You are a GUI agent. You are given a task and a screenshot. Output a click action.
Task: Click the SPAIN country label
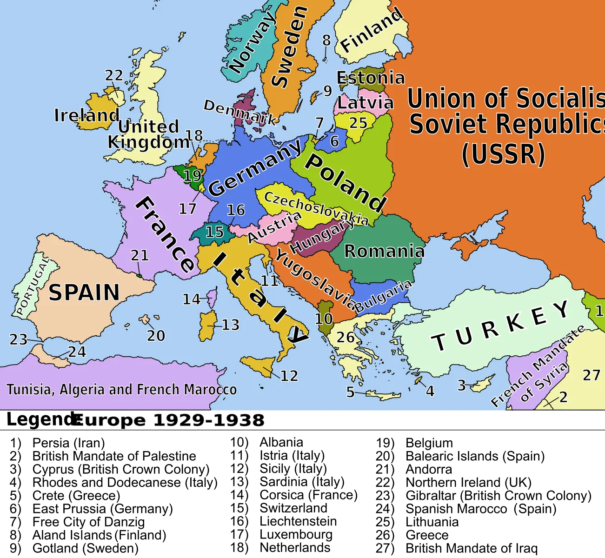pyautogui.click(x=84, y=293)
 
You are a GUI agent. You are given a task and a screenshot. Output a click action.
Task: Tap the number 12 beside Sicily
pyautogui.click(x=289, y=376)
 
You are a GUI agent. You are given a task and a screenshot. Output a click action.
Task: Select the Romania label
pyautogui.click(x=384, y=251)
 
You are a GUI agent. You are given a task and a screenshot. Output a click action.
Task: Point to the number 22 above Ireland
pyautogui.click(x=114, y=75)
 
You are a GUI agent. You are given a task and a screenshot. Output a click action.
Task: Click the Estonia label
pyautogui.click(x=371, y=78)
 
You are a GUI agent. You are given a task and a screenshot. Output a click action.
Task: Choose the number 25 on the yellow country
pyautogui.click(x=359, y=123)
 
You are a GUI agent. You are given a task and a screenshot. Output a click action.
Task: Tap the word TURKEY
pyautogui.click(x=500, y=326)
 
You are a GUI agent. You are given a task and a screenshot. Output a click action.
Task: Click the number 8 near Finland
pyautogui.click(x=326, y=40)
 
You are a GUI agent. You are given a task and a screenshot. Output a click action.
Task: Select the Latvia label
pyautogui.click(x=365, y=103)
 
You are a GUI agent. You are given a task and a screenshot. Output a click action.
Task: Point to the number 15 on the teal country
pyautogui.click(x=215, y=232)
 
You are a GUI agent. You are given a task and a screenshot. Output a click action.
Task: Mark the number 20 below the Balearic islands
pyautogui.click(x=156, y=335)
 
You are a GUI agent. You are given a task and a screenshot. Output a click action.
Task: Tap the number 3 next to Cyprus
pyautogui.click(x=461, y=385)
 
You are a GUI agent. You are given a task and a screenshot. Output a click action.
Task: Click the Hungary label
pyautogui.click(x=321, y=236)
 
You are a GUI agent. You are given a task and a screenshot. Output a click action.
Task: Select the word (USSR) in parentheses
pyautogui.click(x=503, y=154)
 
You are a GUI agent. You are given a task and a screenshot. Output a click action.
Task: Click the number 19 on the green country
pyautogui.click(x=193, y=176)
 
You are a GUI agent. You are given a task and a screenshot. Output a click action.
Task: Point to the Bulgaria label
pyautogui.click(x=383, y=296)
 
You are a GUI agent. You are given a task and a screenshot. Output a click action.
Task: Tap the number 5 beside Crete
pyautogui.click(x=350, y=392)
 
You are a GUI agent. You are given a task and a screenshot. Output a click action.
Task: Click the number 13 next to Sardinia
pyautogui.click(x=231, y=325)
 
